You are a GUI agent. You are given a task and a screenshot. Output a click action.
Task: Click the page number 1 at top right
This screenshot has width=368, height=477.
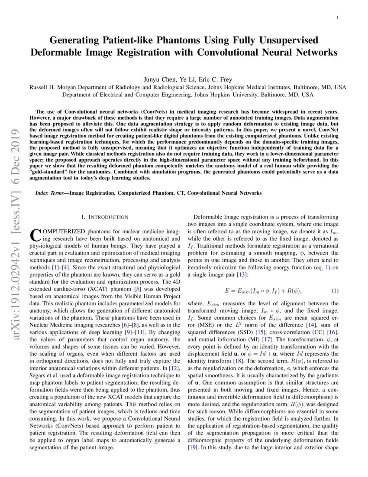337,18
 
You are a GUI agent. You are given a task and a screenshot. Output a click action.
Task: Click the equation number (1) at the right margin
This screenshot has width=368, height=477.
335,291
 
